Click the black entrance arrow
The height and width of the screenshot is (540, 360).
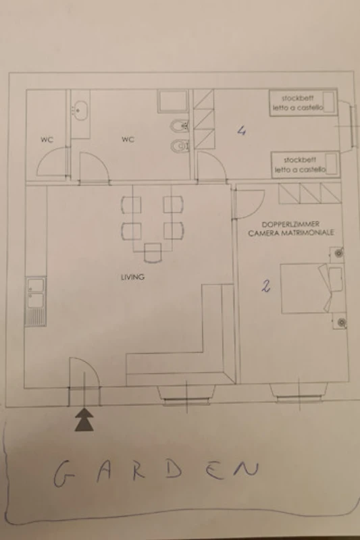click(x=84, y=420)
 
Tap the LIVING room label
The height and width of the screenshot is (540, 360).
click(x=132, y=277)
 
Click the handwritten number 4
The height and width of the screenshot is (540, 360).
click(x=242, y=131)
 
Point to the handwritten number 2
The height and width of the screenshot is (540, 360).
click(x=265, y=286)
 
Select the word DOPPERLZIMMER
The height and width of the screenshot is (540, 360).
click(x=290, y=224)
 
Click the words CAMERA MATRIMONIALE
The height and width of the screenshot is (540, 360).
click(x=290, y=233)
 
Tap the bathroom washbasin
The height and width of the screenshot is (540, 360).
click(x=80, y=111)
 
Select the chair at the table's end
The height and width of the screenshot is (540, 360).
click(x=153, y=252)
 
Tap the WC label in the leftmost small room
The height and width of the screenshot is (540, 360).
click(x=47, y=140)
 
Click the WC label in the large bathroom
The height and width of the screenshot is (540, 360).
click(x=128, y=139)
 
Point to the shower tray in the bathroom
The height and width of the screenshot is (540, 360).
click(x=173, y=101)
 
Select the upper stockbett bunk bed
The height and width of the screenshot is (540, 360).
click(x=303, y=103)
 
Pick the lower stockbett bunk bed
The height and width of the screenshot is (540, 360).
click(x=305, y=165)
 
